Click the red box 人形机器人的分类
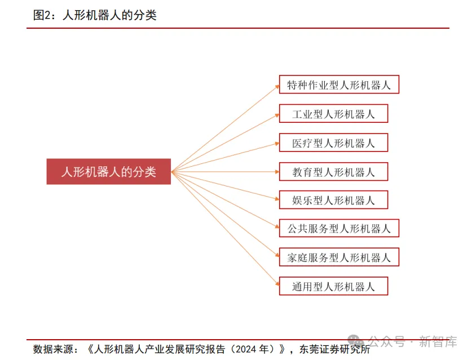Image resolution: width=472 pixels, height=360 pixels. coord(108,171)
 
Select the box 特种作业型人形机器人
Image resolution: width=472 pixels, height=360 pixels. coord(339,85)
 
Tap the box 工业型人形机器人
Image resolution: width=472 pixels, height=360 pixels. coord(333,114)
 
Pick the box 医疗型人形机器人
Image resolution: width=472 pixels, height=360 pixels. coord(333,143)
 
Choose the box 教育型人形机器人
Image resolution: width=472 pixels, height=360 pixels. coord(333,171)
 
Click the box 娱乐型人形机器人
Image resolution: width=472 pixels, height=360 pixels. coord(333,200)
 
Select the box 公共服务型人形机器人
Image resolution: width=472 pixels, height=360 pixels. coord(339,229)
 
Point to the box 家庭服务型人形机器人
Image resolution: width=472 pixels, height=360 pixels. coord(339,257)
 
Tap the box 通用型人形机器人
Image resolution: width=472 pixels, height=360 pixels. coord(333,286)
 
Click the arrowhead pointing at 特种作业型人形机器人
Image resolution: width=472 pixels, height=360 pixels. coord(276,86)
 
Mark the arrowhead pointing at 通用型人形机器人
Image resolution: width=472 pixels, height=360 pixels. coord(276,285)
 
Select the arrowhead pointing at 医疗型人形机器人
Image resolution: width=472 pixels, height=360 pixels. coord(276,143)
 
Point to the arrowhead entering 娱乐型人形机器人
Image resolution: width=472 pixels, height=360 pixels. coord(276,200)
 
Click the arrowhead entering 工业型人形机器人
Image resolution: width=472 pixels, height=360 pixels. coord(276,115)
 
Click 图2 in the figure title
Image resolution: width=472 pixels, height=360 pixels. coord(42,15)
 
